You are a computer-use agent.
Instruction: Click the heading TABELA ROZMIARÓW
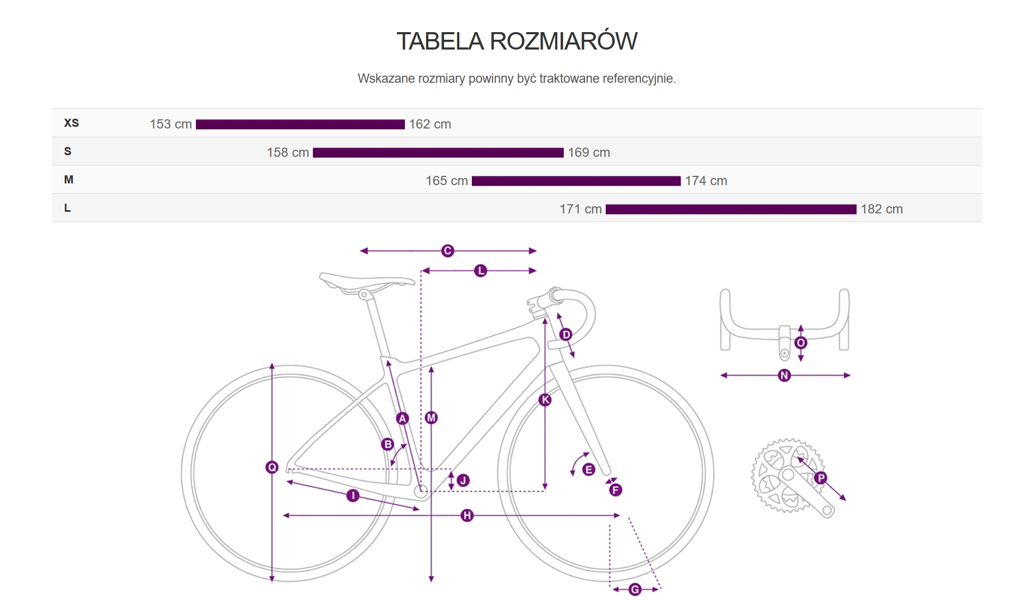pyautogui.click(x=516, y=41)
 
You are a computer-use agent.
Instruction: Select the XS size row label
pyautogui.click(x=71, y=123)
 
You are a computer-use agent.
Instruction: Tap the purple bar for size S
pyautogui.click(x=438, y=152)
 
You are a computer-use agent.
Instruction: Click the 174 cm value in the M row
pyautogui.click(x=706, y=181)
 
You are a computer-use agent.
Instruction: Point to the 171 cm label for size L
pyautogui.click(x=580, y=209)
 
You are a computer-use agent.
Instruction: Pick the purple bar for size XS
pyautogui.click(x=300, y=124)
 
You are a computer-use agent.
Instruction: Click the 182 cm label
pyautogui.click(x=881, y=209)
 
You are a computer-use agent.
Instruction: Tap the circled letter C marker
pyautogui.click(x=447, y=250)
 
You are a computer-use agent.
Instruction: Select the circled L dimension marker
pyautogui.click(x=480, y=271)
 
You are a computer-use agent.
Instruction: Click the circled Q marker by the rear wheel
pyautogui.click(x=272, y=467)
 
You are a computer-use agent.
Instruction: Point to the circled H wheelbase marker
pyautogui.click(x=466, y=515)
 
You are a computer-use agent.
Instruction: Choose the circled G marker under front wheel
pyautogui.click(x=635, y=589)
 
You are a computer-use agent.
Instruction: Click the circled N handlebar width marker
pyautogui.click(x=784, y=375)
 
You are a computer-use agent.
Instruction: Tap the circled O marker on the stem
pyautogui.click(x=801, y=342)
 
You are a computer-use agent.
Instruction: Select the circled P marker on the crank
pyautogui.click(x=821, y=478)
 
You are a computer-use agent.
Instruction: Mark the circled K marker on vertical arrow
pyautogui.click(x=545, y=400)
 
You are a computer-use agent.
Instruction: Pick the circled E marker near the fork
pyautogui.click(x=588, y=469)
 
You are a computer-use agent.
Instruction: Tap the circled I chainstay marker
pyautogui.click(x=353, y=495)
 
